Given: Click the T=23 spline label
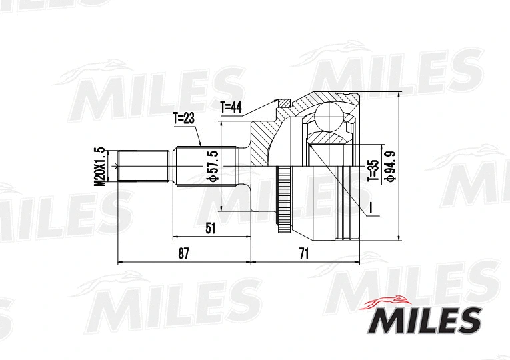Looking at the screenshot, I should [183, 119].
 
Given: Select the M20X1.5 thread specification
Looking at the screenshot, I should [101, 165].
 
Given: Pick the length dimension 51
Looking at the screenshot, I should [211, 228].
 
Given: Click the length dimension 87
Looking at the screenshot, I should [184, 253].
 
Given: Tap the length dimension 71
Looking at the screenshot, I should [305, 253].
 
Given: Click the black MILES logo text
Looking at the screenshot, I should [423, 320].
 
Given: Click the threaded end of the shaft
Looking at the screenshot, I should [142, 165].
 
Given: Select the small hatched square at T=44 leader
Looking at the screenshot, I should [285, 103].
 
